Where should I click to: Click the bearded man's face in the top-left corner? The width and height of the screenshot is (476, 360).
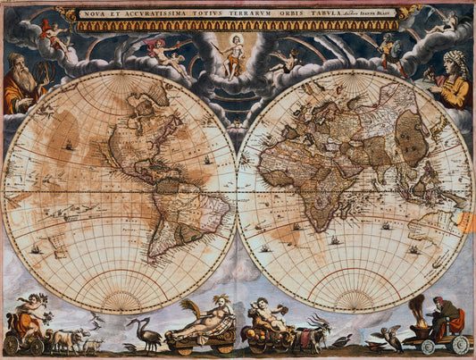tap(21, 65)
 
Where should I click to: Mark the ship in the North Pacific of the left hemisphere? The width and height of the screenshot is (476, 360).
tap(68, 144)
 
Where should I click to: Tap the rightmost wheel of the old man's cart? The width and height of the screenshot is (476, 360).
tap(460, 344)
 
